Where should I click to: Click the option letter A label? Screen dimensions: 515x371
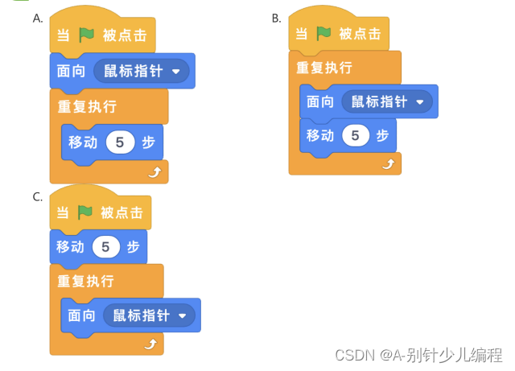tap(38, 18)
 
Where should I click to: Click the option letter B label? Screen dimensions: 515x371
tap(277, 18)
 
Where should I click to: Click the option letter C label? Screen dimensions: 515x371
tap(38, 197)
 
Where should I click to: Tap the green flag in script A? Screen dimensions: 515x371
tap(86, 36)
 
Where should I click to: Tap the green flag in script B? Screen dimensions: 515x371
tap(323, 34)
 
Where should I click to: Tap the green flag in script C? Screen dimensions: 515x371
tap(84, 212)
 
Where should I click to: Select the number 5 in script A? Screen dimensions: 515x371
tap(120, 142)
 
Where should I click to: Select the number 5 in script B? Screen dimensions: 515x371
tap(355, 135)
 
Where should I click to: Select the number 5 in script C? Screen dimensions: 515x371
tap(105, 246)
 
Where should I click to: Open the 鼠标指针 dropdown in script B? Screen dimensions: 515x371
tap(419, 102)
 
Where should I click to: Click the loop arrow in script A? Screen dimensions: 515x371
tap(154, 171)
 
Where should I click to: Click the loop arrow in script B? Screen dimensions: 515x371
tap(389, 163)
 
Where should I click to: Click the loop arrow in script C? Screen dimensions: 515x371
tap(150, 344)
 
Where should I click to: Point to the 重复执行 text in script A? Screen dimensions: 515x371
tap(86, 106)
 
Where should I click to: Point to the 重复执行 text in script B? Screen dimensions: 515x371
tap(323, 68)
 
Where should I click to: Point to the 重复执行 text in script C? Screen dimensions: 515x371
tap(84, 282)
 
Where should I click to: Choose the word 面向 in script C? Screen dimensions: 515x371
tap(81, 315)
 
